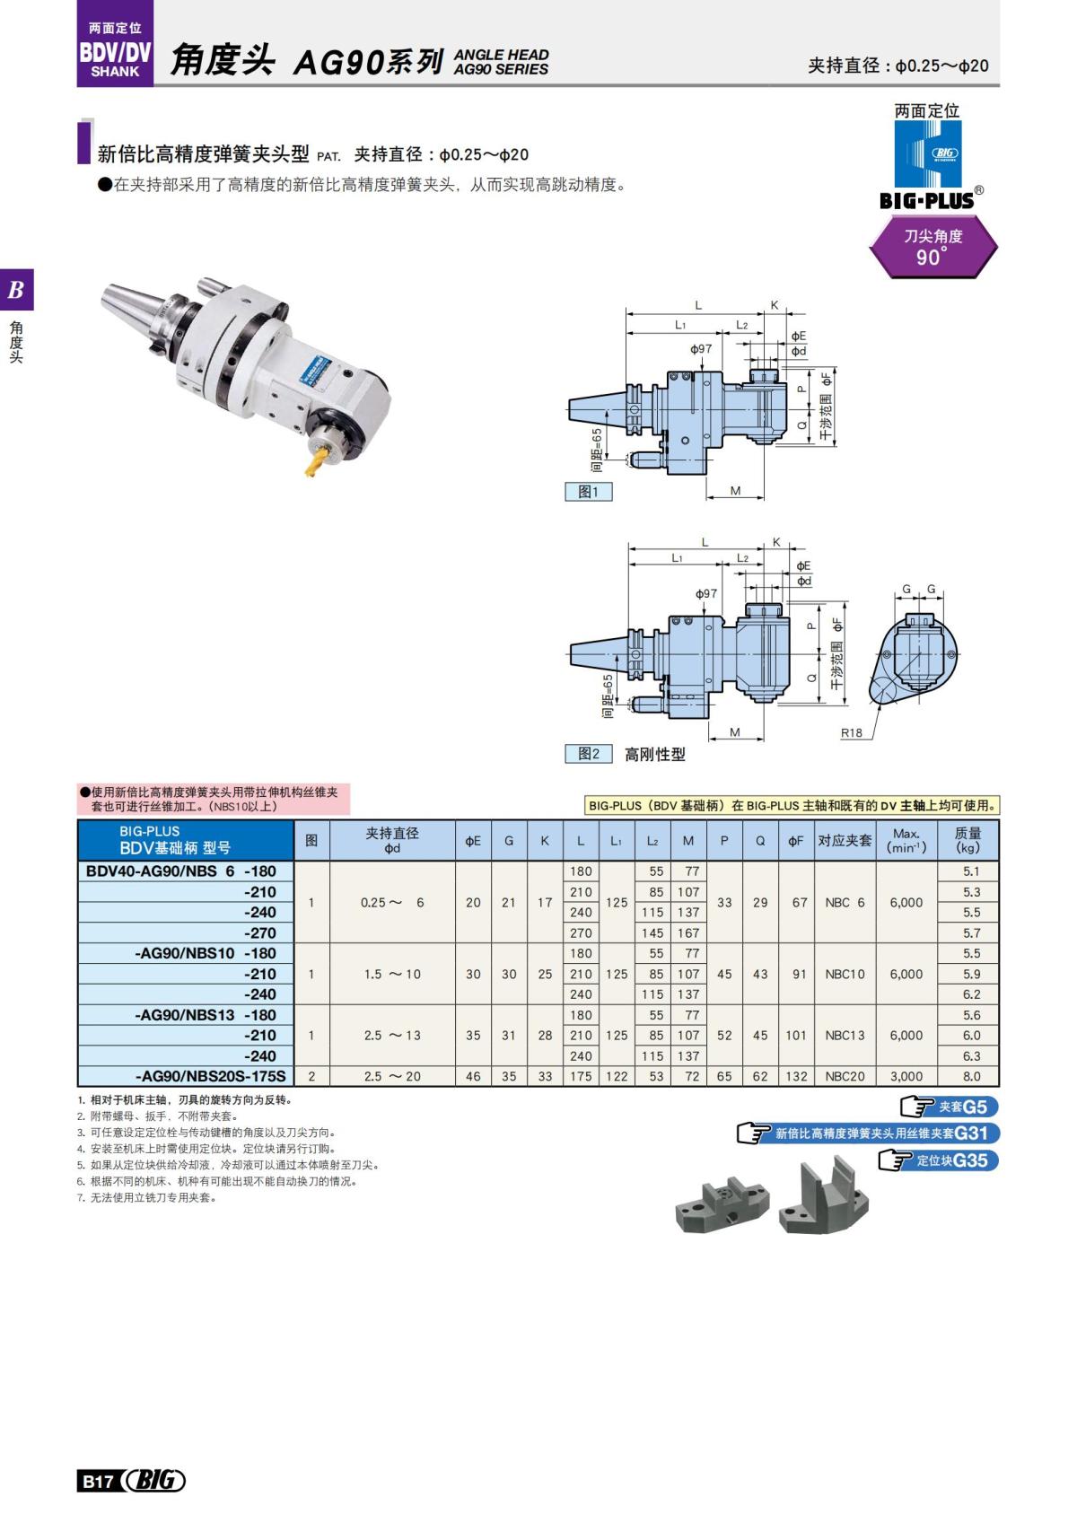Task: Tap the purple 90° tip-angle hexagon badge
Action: [x=933, y=247]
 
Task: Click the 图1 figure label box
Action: [x=589, y=492]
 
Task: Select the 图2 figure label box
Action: [x=589, y=754]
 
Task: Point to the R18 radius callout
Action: [x=851, y=732]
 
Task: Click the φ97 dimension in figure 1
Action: [x=701, y=348]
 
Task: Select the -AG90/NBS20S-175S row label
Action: [x=210, y=1076]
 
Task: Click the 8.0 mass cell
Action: [x=971, y=1076]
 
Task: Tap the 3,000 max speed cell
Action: [x=906, y=1076]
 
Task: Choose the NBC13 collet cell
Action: [x=845, y=1035]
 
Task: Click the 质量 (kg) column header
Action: [x=968, y=840]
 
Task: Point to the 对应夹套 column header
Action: [x=845, y=841]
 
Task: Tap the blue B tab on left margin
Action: [x=16, y=290]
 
